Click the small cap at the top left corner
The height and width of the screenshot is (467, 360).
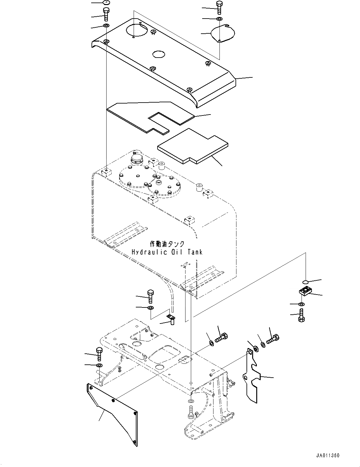tap(106, 3)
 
